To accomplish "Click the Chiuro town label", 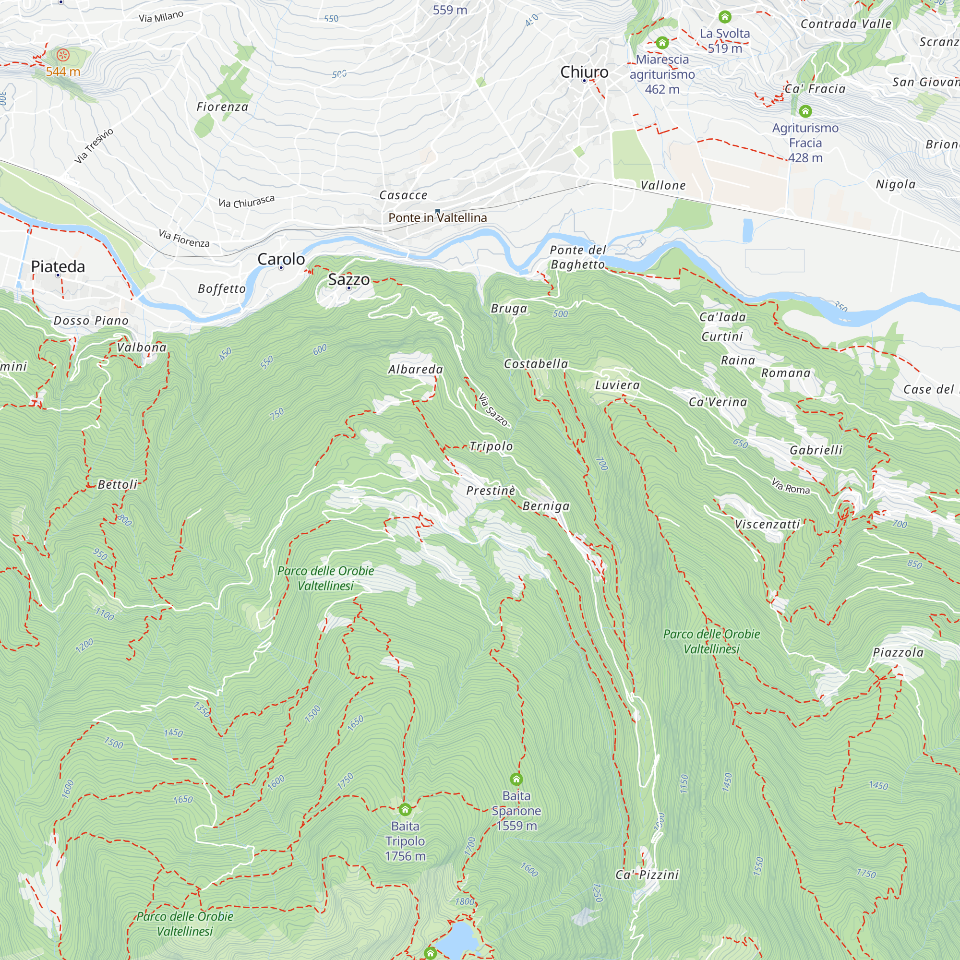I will [x=584, y=72].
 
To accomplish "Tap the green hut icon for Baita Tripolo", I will [x=405, y=809].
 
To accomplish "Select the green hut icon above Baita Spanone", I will [x=516, y=779].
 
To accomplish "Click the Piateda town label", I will [x=58, y=266].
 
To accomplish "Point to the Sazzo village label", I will [x=348, y=279].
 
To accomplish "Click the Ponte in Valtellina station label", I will [x=437, y=217].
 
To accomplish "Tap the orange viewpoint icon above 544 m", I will [x=63, y=55].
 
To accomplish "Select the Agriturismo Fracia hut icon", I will [x=805, y=111].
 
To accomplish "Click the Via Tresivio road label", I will [x=94, y=145].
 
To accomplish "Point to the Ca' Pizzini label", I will [x=647, y=875].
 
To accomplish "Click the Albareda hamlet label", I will [x=415, y=369].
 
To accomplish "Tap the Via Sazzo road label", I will [x=493, y=409].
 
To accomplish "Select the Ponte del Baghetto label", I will [x=577, y=257].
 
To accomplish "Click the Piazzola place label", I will [x=898, y=652].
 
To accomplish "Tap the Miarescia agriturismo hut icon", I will [x=662, y=43].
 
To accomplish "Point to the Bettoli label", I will [x=117, y=484].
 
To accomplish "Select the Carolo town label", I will [x=281, y=259].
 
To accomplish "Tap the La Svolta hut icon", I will [x=724, y=17].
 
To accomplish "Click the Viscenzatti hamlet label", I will [x=767, y=524].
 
